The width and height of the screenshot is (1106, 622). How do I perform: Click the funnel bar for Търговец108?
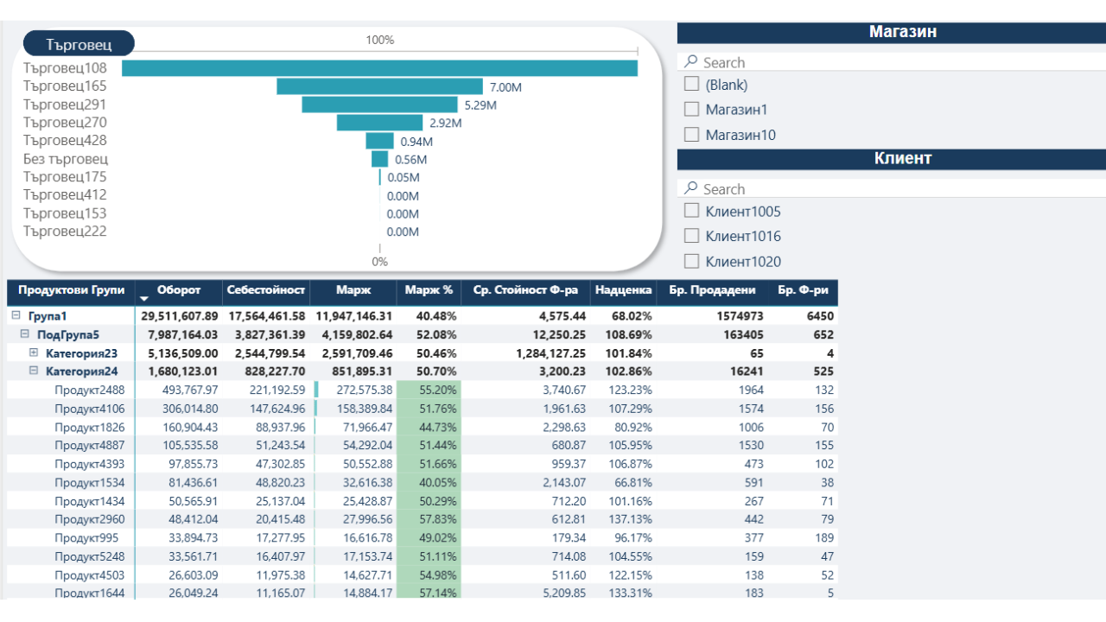pos(379,68)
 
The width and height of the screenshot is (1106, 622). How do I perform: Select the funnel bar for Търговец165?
pos(379,86)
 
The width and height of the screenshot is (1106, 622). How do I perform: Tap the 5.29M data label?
pos(480,105)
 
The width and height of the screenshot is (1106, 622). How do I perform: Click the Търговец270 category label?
pos(65,123)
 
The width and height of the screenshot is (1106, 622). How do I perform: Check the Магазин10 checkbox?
pos(691,135)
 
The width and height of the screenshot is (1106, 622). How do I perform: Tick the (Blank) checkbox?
pos(691,85)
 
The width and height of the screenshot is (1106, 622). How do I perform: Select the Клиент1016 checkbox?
pos(691,236)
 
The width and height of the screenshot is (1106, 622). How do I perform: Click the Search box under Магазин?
pos(890,62)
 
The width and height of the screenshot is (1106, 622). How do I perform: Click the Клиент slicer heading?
pos(891,159)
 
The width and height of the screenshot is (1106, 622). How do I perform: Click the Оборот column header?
pos(179,290)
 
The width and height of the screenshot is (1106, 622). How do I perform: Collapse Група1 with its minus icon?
pos(16,316)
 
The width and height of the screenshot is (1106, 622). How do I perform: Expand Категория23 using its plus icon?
pos(34,352)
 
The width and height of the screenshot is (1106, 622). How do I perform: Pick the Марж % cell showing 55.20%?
pos(429,390)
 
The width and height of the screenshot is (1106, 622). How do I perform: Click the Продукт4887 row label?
pos(89,446)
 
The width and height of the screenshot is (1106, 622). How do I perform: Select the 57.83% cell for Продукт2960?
pos(429,519)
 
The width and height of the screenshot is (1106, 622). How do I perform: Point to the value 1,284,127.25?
pos(550,353)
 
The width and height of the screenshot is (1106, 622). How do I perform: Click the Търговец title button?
pos(79,43)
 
